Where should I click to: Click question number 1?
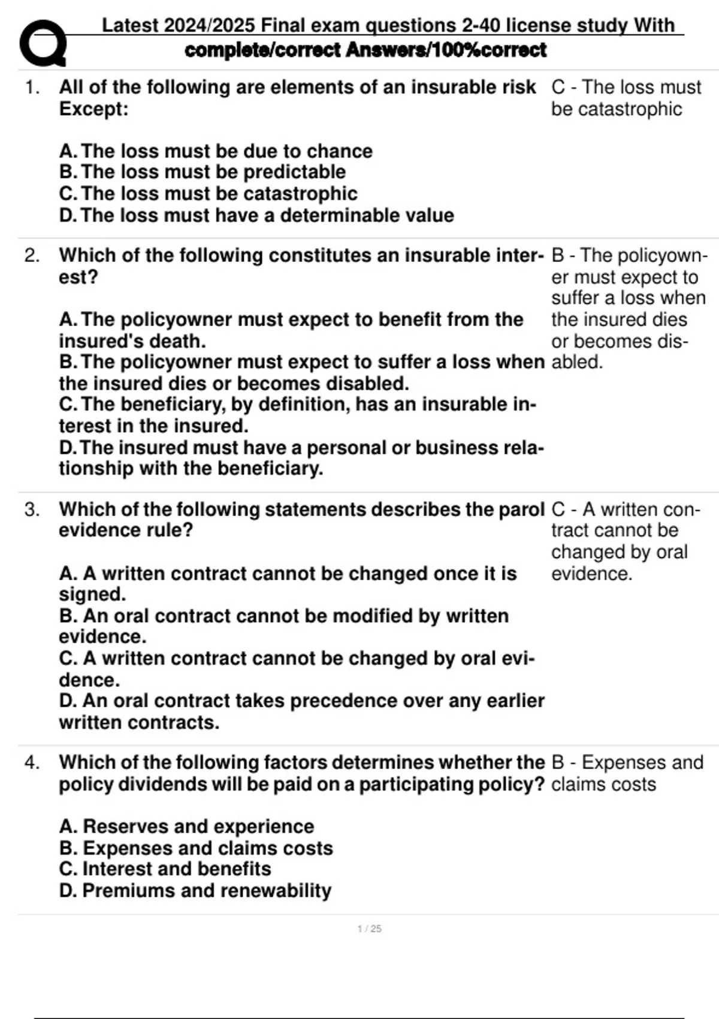click(x=32, y=88)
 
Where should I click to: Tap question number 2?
click(x=32, y=256)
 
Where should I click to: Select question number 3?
click(x=32, y=509)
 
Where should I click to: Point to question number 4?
click(x=32, y=763)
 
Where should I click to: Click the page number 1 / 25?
click(x=369, y=928)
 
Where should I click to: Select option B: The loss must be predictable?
click(x=203, y=172)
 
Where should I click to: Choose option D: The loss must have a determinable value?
click(x=256, y=215)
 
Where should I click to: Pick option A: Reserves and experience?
click(x=186, y=827)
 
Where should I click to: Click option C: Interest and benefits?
click(x=165, y=869)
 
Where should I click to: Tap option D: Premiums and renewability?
click(x=195, y=891)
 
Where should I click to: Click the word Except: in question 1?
click(x=93, y=109)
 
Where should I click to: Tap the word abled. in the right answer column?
click(x=577, y=362)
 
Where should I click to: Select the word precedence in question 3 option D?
click(x=385, y=701)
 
